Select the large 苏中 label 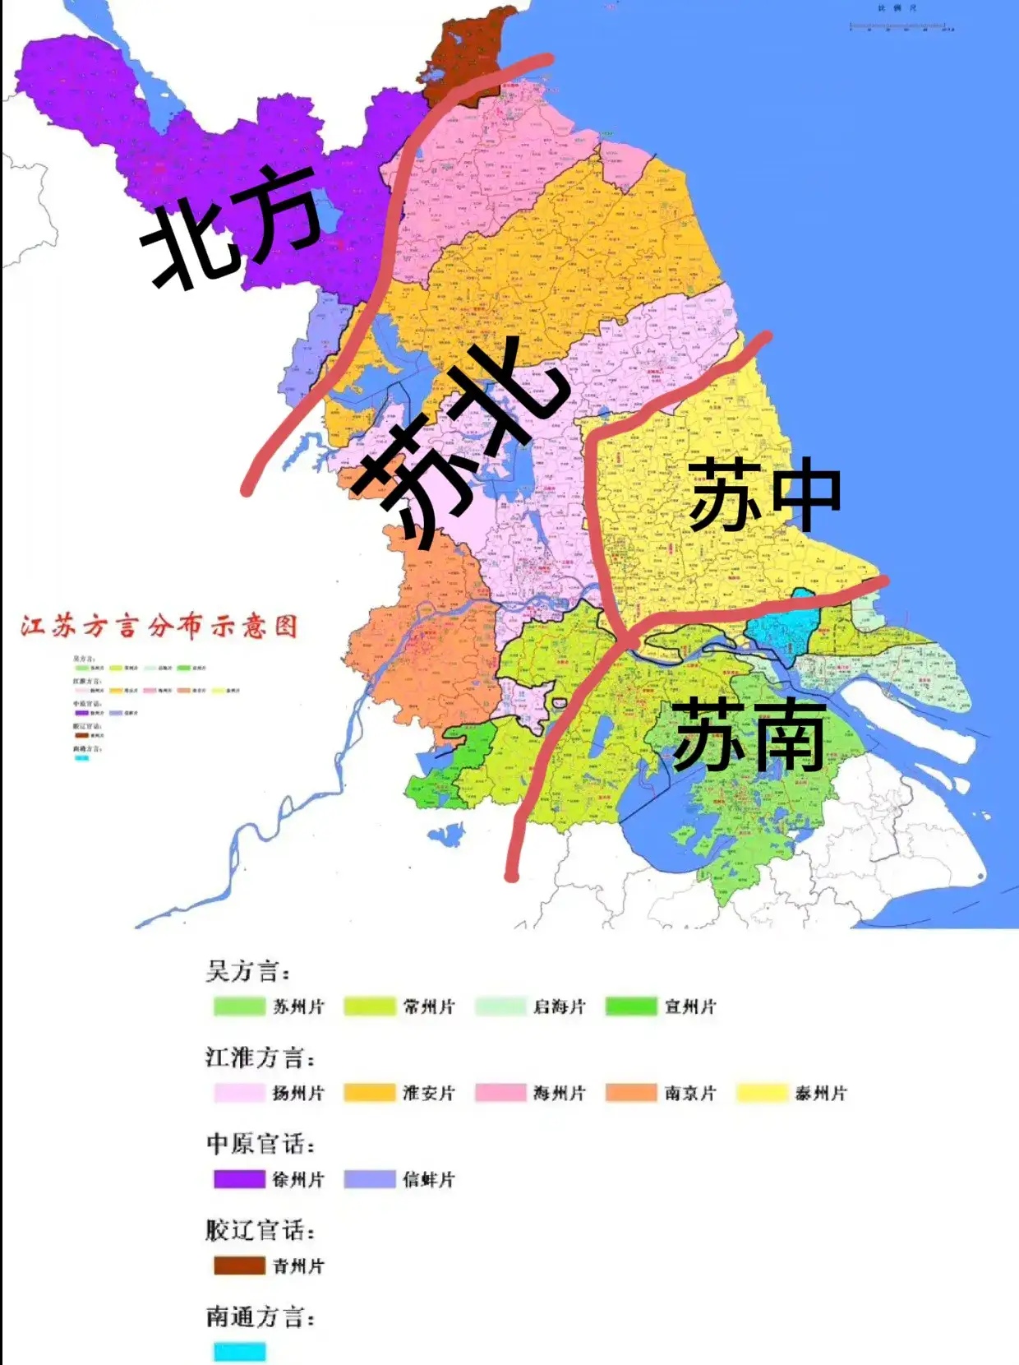(764, 495)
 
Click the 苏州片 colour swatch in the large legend (239, 1006)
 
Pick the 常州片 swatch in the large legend (369, 1006)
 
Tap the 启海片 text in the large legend (559, 1006)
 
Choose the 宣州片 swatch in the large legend (631, 1006)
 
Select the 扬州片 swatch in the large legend (239, 1093)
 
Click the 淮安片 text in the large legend (428, 1093)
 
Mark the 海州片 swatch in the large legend (500, 1093)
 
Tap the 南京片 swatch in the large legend (631, 1093)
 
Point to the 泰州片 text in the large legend (820, 1093)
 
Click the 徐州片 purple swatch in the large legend (239, 1179)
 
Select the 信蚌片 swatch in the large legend (369, 1179)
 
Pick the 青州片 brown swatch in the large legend (239, 1266)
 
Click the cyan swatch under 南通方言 (239, 1352)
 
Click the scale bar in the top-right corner (901, 26)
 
